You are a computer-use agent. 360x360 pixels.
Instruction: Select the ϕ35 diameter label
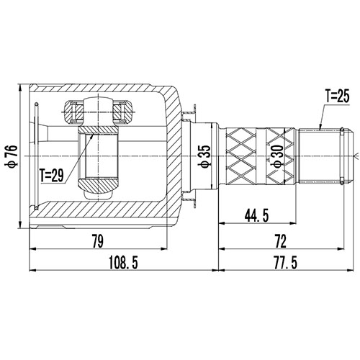click(204, 154)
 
